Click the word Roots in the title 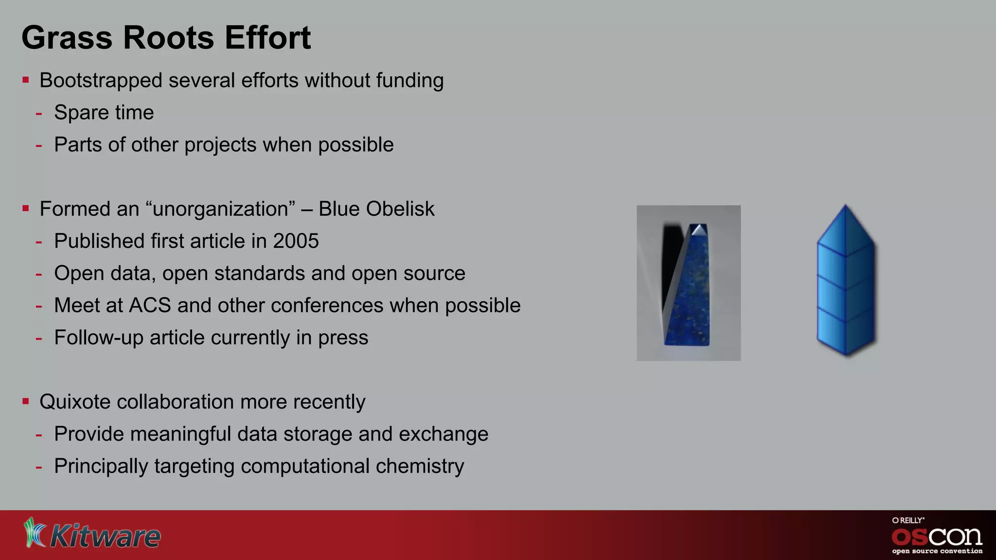[x=168, y=37]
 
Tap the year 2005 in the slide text [x=296, y=241]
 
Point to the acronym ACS [x=150, y=306]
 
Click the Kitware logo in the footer [x=92, y=534]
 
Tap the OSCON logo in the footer [x=937, y=536]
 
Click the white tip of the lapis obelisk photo [x=699, y=229]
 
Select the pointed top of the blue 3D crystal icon [x=845, y=210]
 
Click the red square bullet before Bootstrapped [x=26, y=80]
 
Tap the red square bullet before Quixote [x=26, y=402]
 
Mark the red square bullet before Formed [x=26, y=209]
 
